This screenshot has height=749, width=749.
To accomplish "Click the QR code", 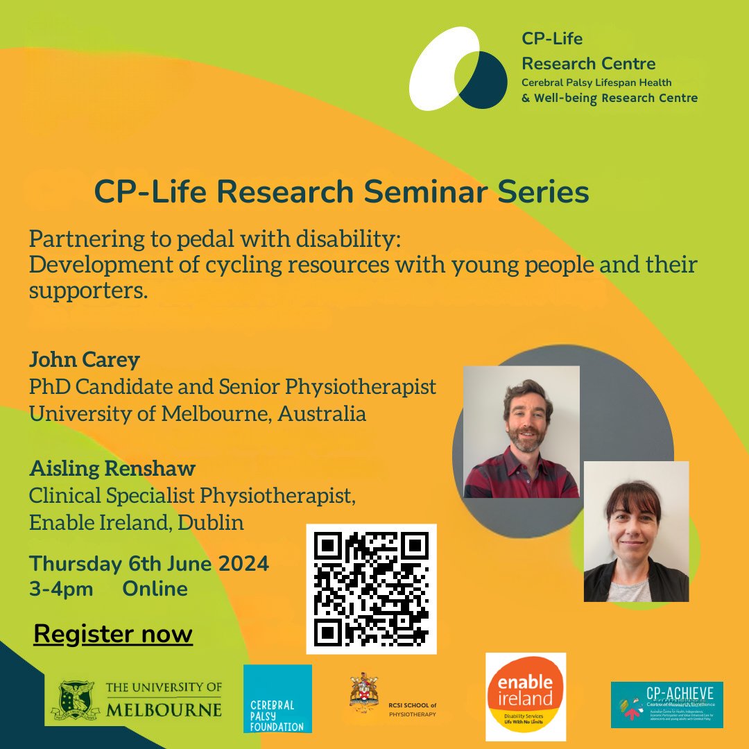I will click(x=372, y=589).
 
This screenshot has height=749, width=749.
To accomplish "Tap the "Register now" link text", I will click(x=113, y=634).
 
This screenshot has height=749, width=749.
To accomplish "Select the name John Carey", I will click(x=85, y=360).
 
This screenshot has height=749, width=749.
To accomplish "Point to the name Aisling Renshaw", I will click(x=112, y=468).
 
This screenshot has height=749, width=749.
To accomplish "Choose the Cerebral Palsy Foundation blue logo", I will click(x=277, y=698).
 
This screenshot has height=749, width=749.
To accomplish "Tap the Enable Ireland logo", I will click(x=526, y=696).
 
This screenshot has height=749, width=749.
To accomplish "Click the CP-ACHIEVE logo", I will click(x=666, y=704).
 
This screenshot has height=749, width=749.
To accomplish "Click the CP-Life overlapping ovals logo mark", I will click(x=458, y=69).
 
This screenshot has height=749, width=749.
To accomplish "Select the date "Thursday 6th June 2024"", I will click(x=149, y=564).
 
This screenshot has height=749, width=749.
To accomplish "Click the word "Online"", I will click(x=155, y=589).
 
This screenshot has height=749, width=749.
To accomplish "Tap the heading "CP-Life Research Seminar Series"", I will click(x=341, y=192).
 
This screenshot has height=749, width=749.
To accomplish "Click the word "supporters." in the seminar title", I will click(x=89, y=291).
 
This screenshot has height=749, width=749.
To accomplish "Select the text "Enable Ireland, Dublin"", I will click(x=137, y=522).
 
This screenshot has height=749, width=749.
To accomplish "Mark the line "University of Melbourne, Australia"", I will click(x=198, y=414).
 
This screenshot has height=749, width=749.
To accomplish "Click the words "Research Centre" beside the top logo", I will click(x=588, y=64).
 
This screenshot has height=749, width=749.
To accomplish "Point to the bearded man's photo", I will click(x=521, y=431).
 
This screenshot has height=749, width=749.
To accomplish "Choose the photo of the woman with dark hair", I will click(x=636, y=531).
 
